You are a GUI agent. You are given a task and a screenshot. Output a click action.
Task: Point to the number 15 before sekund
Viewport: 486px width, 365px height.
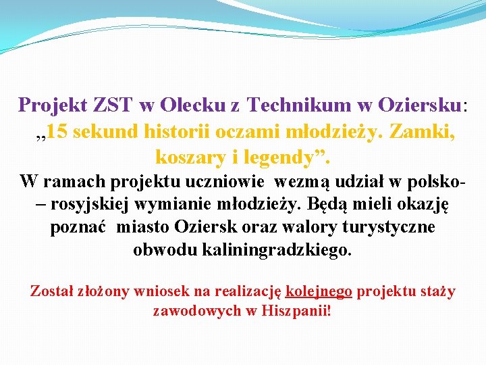[57, 131]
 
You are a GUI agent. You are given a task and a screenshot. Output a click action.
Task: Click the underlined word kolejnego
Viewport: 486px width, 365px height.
[319, 291]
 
